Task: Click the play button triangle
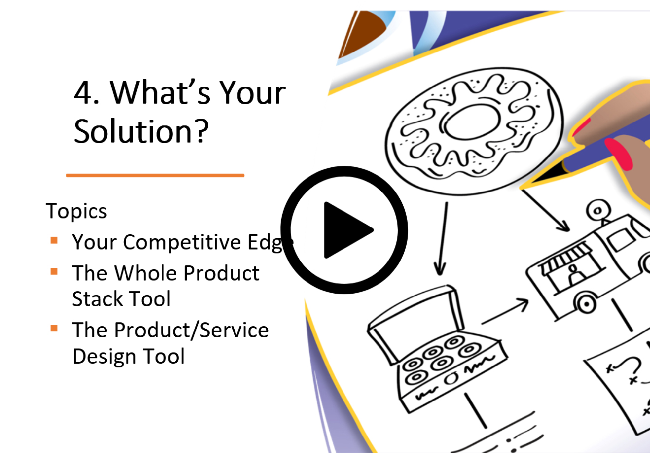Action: [x=345, y=230]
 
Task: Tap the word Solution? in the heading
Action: [x=141, y=131]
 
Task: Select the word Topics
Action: [x=76, y=211]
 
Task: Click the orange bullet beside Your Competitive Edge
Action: [x=54, y=240]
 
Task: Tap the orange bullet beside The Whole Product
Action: [x=54, y=271]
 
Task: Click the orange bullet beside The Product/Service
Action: [x=54, y=328]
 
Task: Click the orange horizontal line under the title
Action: [x=155, y=175]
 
